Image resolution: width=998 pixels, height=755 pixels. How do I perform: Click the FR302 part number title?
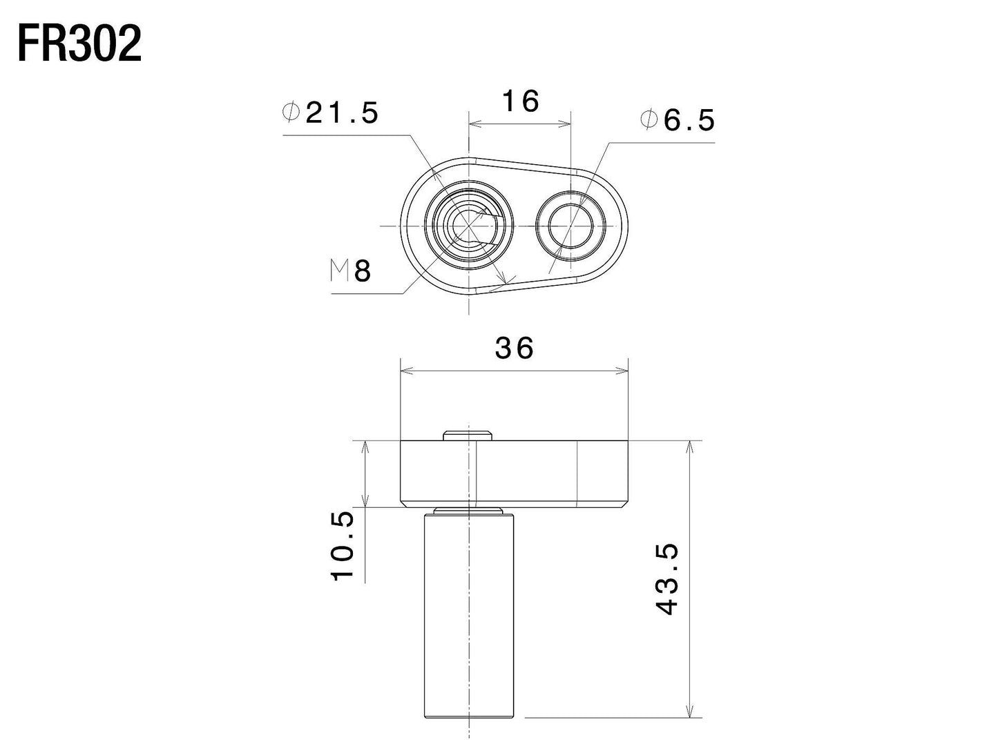pyautogui.click(x=79, y=45)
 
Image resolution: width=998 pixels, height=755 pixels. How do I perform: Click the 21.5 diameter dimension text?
pyautogui.click(x=342, y=113)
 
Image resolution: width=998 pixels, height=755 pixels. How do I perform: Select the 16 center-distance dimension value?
pyautogui.click(x=520, y=101)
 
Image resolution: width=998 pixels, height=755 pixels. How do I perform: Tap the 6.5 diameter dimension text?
pyautogui.click(x=688, y=121)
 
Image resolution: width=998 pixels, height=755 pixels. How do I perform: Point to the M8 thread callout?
pyautogui.click(x=351, y=272)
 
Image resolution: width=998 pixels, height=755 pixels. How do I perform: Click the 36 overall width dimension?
pyautogui.click(x=515, y=349)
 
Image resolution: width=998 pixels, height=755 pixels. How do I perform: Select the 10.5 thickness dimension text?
pyautogui.click(x=343, y=545)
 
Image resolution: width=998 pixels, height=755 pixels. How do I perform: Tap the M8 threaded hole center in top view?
pyautogui.click(x=469, y=226)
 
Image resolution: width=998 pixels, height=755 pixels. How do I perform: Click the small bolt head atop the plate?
pyautogui.click(x=469, y=435)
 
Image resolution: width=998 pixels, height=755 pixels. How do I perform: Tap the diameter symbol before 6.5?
pyautogui.click(x=649, y=121)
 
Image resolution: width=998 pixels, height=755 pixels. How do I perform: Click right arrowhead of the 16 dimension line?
pyautogui.click(x=566, y=124)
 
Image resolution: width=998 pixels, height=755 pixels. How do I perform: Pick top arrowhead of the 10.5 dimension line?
pyautogui.click(x=365, y=447)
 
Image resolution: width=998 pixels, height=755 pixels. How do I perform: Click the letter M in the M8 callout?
pyautogui.click(x=339, y=272)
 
